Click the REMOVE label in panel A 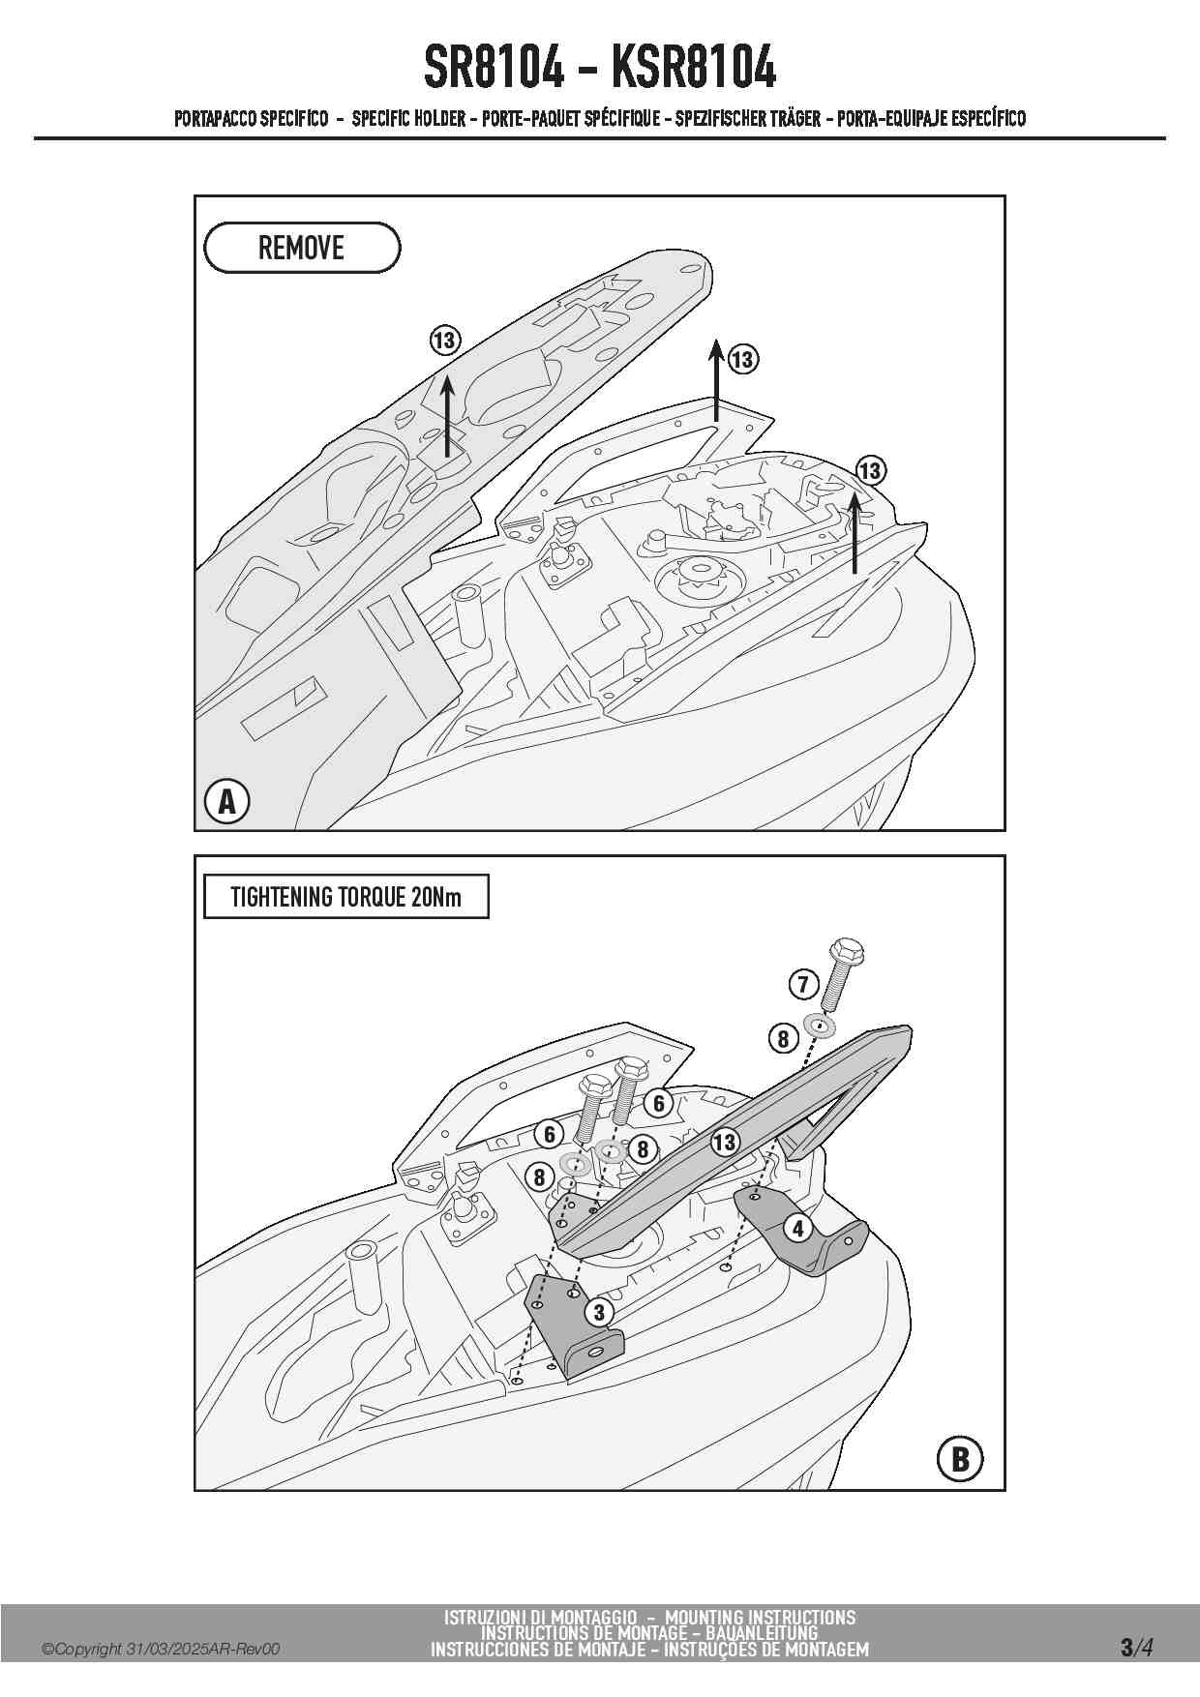click(x=301, y=248)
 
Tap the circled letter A click(x=226, y=801)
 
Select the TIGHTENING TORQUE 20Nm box click(x=345, y=897)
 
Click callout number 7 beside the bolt click(x=803, y=985)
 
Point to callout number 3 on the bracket click(x=599, y=1312)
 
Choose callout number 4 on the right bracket click(x=797, y=1229)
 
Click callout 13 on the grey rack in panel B click(x=724, y=1142)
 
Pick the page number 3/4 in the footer click(x=1137, y=1647)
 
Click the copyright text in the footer click(x=161, y=1649)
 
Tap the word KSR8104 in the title click(x=694, y=68)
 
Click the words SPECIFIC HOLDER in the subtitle click(x=408, y=119)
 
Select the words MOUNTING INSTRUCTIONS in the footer click(x=760, y=1617)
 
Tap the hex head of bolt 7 click(x=847, y=953)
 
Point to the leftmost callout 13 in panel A click(x=444, y=341)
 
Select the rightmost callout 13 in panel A click(x=870, y=471)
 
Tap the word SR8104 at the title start click(x=494, y=68)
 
